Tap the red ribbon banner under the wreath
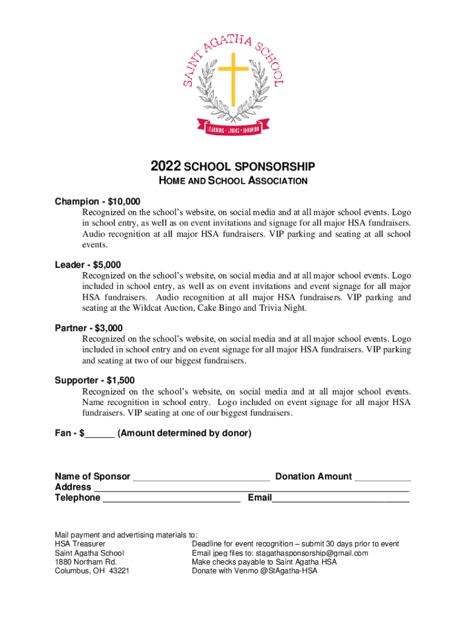(233, 129)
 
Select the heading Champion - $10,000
(97, 201)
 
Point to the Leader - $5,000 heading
(88, 265)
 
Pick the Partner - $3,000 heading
(88, 328)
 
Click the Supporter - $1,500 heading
(95, 380)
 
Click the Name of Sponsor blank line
(201, 478)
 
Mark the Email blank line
(340, 499)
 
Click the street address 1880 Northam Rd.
(86, 562)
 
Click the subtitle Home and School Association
(233, 181)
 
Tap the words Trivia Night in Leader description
(286, 308)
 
